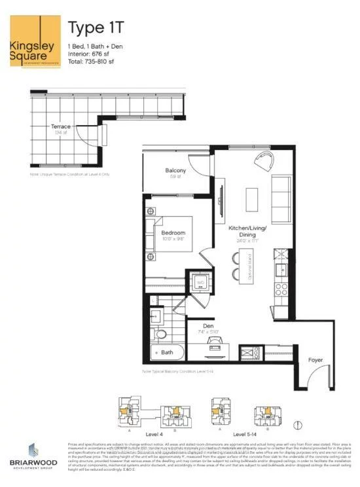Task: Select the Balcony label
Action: tap(175, 171)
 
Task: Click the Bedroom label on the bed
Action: tap(173, 233)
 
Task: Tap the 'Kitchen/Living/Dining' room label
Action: tap(248, 230)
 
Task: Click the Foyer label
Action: tap(317, 360)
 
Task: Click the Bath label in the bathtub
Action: tap(168, 352)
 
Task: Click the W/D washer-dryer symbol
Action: tap(201, 283)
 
